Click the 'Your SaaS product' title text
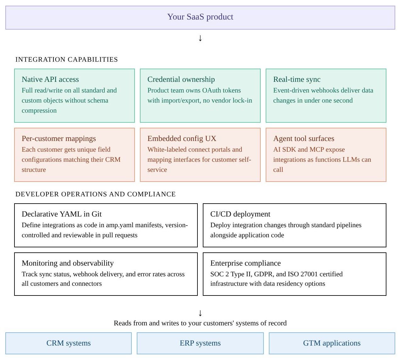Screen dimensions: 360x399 pos(200,17)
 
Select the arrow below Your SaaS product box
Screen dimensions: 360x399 pos(200,38)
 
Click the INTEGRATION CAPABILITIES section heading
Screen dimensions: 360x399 pos(66,59)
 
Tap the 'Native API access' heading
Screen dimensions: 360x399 pos(50,79)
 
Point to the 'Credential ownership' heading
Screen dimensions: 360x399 pos(181,79)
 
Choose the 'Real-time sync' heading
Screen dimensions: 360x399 pos(297,79)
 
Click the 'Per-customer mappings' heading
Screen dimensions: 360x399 pos(59,138)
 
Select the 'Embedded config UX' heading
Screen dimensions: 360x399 pos(182,138)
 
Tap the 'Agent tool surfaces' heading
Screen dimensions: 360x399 pos(304,138)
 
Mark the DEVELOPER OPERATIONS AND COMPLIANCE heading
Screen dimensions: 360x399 pos(96,194)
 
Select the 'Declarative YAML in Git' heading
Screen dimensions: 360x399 pos(62,214)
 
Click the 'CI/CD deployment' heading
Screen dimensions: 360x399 pos(240,214)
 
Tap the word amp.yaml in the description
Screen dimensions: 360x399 pos(120,225)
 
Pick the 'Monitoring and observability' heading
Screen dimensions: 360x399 pos(68,263)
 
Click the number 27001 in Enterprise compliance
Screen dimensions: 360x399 pos(309,274)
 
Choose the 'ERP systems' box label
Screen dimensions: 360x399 pos(200,343)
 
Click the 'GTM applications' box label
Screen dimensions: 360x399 pos(332,343)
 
